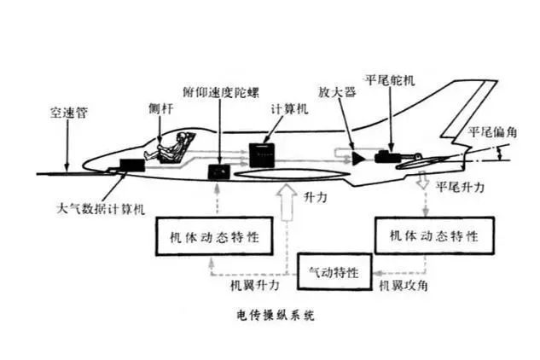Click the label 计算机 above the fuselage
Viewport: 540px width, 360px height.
[x=287, y=109]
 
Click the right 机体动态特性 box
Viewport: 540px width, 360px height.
[x=433, y=235]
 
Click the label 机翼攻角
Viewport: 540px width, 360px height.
[x=409, y=286]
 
